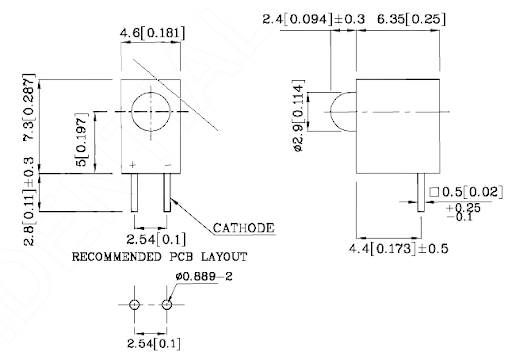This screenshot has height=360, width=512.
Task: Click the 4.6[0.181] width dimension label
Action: tap(152, 33)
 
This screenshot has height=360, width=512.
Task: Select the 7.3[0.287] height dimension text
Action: tap(28, 107)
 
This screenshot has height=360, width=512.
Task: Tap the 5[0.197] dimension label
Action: tap(81, 139)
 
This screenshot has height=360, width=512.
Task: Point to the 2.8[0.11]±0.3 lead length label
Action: tap(29, 201)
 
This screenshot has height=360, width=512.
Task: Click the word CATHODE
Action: tap(244, 228)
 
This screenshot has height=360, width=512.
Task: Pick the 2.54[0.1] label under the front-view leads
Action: tap(156, 239)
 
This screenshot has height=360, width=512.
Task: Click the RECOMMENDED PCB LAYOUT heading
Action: tap(160, 257)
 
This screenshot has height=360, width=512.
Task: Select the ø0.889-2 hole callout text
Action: tap(204, 276)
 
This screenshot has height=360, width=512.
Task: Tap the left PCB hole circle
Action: tap(134, 305)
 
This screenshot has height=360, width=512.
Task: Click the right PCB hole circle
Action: tap(167, 305)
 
